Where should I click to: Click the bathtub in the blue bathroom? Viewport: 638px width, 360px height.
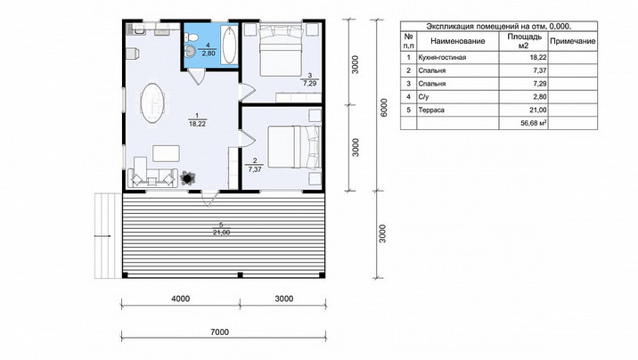pos(230,45)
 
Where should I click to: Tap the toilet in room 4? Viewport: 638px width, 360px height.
pos(192,37)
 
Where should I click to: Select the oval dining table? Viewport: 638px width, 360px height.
pos(152,102)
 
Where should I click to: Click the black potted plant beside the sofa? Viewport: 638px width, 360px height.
pos(188,177)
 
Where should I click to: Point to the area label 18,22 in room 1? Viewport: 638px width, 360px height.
pos(197,124)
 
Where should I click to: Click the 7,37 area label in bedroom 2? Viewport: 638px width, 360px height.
pos(255,169)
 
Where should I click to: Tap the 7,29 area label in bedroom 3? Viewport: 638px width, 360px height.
pos(309,84)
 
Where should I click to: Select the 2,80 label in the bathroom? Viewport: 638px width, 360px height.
pos(208,53)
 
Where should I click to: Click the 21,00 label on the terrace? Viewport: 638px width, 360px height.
pos(221,233)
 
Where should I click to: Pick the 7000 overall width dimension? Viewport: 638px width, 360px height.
pos(220,332)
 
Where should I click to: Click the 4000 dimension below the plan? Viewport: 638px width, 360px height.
pos(180,299)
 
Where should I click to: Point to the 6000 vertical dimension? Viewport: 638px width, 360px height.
pos(383,107)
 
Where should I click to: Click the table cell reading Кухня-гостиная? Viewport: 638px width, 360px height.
pos(442,57)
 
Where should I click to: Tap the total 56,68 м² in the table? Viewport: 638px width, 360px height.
pos(534,123)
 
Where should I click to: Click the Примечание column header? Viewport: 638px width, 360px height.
pos(572,41)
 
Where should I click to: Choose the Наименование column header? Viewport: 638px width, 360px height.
pos(458,41)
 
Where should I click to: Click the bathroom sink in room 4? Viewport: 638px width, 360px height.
pos(190,51)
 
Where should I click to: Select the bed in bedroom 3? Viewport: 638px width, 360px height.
pos(281,50)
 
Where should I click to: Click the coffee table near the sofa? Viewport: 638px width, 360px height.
pos(166,153)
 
